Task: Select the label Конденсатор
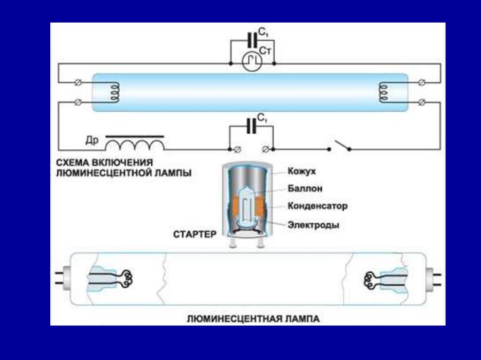pos(317,206)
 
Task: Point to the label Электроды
pos(313,225)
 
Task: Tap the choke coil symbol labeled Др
pos(135,143)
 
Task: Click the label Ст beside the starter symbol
pos(265,50)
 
